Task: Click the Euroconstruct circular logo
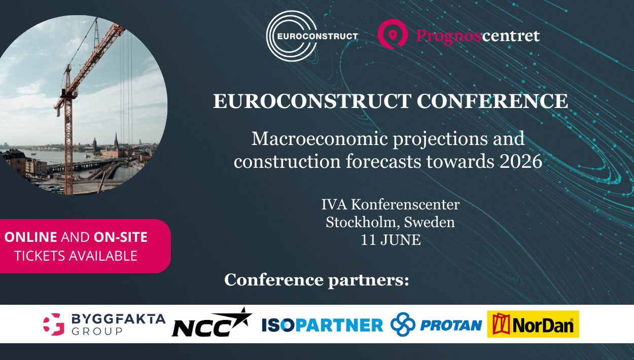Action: point(292,36)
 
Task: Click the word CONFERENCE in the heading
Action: point(492,101)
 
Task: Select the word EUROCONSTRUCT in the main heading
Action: point(312,101)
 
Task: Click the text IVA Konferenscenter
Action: point(390,205)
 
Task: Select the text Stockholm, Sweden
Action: point(390,222)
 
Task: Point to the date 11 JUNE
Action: point(390,240)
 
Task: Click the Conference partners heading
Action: point(316,279)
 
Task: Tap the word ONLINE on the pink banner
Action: point(30,237)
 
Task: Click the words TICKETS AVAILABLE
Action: point(76,256)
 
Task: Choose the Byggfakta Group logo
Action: point(104,324)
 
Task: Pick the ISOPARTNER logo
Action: point(322,325)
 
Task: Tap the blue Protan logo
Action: point(436,325)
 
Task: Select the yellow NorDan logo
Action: point(533,325)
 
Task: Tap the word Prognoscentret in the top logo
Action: point(477,36)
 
